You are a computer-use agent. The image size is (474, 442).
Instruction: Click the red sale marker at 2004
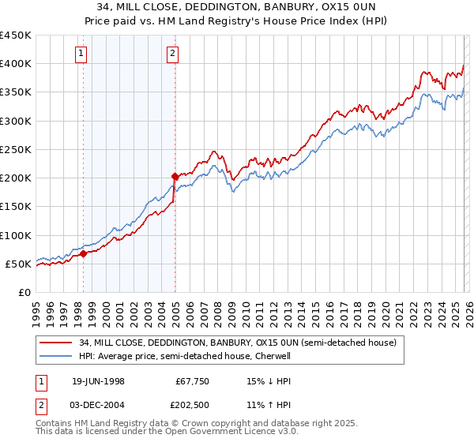pyautogui.click(x=175, y=176)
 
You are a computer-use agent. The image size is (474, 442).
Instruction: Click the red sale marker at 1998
pyautogui.click(x=84, y=253)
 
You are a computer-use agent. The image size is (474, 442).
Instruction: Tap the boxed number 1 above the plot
pyautogui.click(x=82, y=54)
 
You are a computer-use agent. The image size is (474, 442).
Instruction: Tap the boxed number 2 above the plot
pyautogui.click(x=172, y=54)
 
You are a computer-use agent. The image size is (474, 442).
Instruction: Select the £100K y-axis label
pyautogui.click(x=16, y=235)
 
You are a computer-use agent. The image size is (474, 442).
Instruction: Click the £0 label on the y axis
pyautogui.click(x=24, y=292)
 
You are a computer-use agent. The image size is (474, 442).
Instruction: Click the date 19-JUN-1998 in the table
pyautogui.click(x=97, y=381)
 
